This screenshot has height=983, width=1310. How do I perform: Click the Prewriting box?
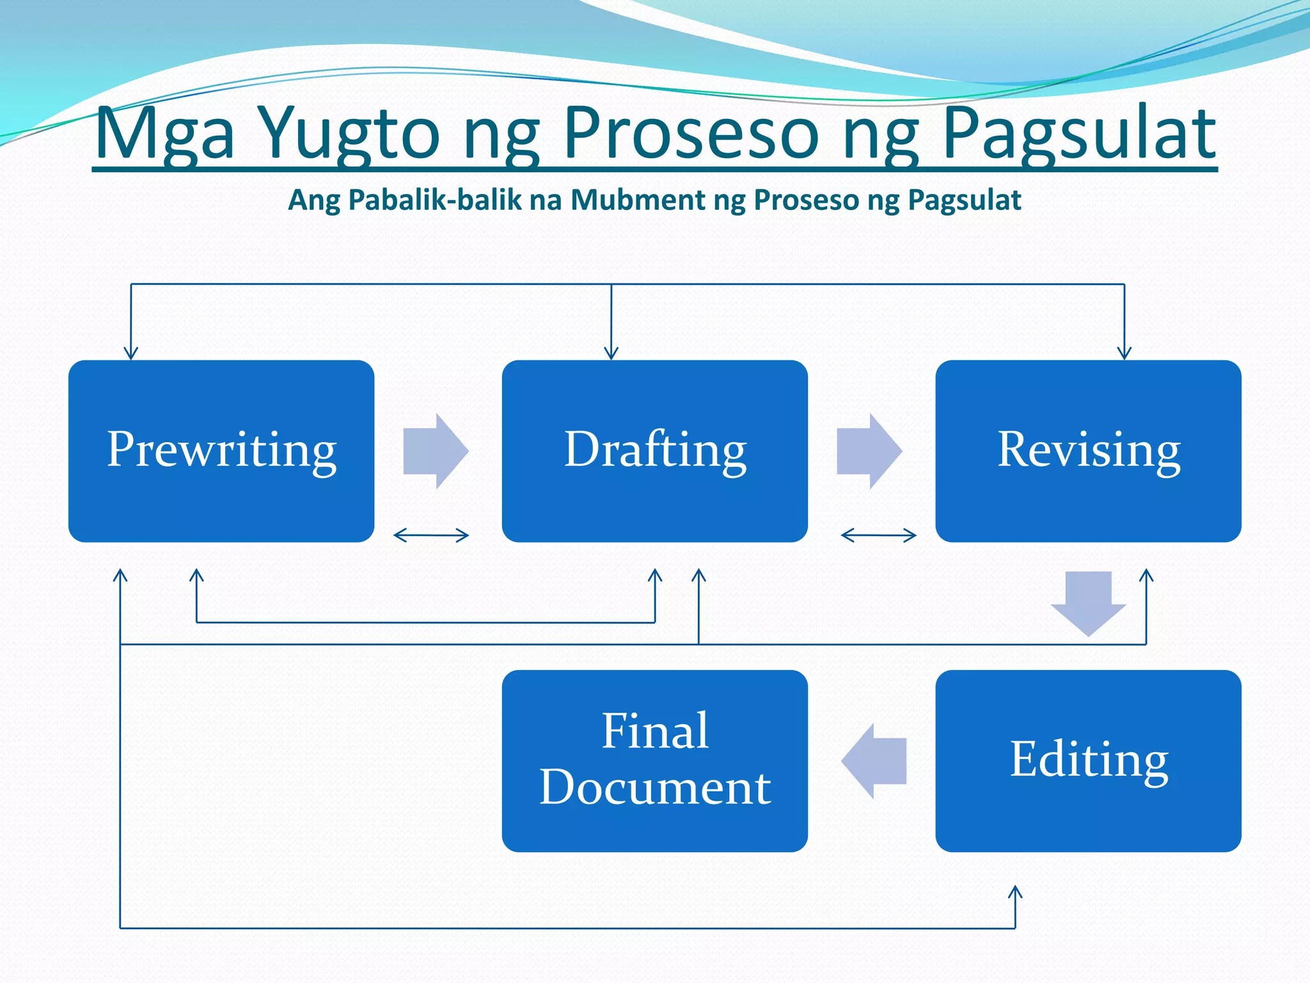pyautogui.click(x=221, y=451)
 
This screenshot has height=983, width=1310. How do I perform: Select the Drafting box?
pyautogui.click(x=654, y=451)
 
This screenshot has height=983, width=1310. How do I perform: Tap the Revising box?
pyautogui.click(x=1088, y=451)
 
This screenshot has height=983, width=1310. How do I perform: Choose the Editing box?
pyautogui.click(x=1088, y=760)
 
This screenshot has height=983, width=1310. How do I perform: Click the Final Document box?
pyautogui.click(x=654, y=760)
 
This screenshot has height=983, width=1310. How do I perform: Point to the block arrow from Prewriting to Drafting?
pyautogui.click(x=436, y=451)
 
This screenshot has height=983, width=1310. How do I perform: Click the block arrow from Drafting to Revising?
pyautogui.click(x=869, y=451)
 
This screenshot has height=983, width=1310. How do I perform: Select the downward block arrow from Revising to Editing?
pyautogui.click(x=1088, y=602)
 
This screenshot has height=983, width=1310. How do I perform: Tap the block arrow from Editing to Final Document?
pyautogui.click(x=874, y=760)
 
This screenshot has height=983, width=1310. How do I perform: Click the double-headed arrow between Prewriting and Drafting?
pyautogui.click(x=431, y=535)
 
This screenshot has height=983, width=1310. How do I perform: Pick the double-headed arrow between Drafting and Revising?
pyautogui.click(x=878, y=535)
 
